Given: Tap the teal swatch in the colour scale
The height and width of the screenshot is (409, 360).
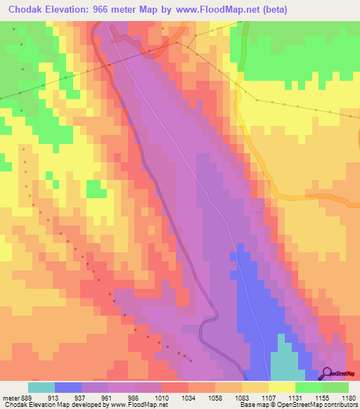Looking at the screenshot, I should pyautogui.click(x=41, y=387).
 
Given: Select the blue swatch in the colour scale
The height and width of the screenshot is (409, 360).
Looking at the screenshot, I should pyautogui.click(x=68, y=387).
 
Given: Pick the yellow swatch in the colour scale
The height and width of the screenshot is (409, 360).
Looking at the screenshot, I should pyautogui.click(x=282, y=387).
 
